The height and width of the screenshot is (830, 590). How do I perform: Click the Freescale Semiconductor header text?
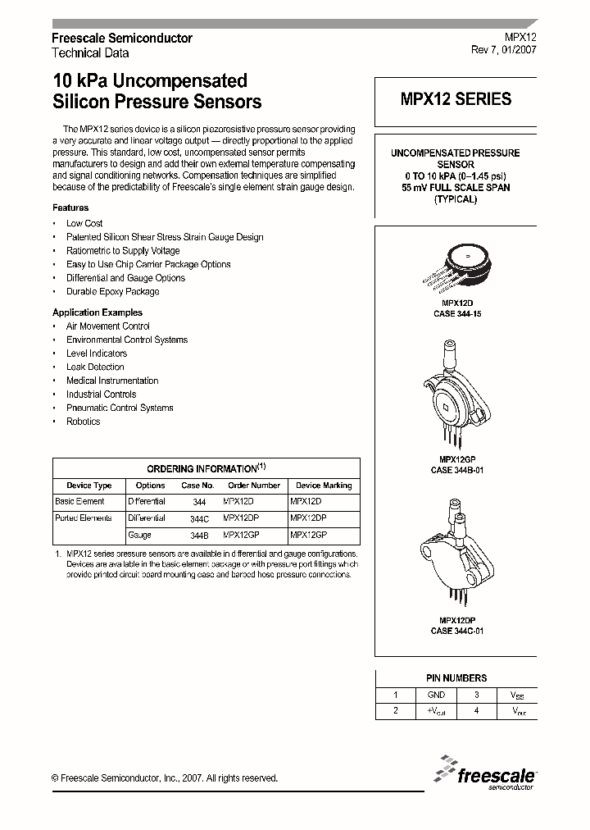[122, 39]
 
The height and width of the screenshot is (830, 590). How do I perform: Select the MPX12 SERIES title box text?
[456, 99]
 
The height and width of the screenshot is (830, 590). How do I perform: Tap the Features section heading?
[70, 208]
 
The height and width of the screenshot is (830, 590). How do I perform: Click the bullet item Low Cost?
[84, 223]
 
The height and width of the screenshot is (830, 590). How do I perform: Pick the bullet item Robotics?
[83, 422]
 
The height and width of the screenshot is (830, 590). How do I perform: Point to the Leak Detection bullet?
[95, 367]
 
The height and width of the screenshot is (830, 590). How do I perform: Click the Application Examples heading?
[98, 312]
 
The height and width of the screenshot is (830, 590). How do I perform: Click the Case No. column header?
[197, 486]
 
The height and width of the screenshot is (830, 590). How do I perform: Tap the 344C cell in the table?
[199, 518]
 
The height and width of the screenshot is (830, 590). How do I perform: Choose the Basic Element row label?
[79, 501]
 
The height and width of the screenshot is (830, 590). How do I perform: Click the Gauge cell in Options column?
[139, 535]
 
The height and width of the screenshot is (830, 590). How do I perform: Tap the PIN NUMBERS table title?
[456, 678]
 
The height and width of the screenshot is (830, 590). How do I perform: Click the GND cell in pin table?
[437, 695]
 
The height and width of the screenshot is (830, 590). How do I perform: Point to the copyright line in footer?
[165, 778]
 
